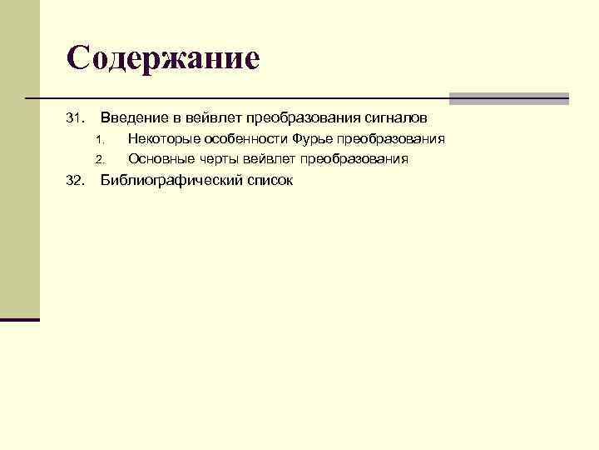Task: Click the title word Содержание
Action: [163, 58]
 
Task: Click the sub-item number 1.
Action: [98, 139]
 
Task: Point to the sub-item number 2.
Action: [98, 159]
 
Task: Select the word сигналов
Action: [397, 118]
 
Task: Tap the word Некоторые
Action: [162, 138]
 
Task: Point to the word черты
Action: [217, 158]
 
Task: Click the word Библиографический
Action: [167, 180]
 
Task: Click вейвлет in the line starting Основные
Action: [269, 158]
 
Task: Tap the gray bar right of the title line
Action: [508, 98]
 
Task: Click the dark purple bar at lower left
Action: [19, 319]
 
